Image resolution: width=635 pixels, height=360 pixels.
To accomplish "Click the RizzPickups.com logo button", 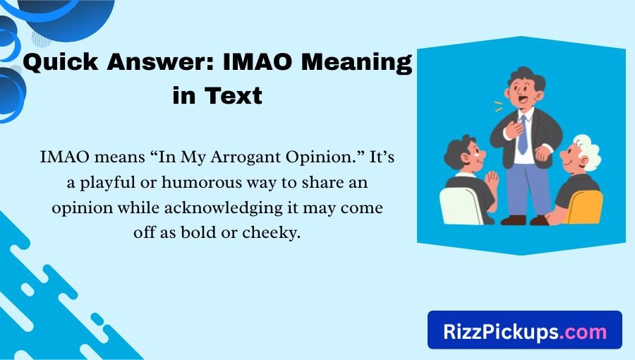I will [524, 330].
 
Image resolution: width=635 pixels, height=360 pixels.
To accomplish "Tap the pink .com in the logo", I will [583, 330].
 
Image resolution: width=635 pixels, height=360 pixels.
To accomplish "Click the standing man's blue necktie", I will [522, 135].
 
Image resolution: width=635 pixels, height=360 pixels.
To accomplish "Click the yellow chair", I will [585, 207].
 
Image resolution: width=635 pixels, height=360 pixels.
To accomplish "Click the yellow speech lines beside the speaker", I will [498, 105].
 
